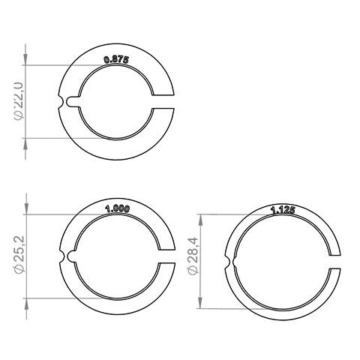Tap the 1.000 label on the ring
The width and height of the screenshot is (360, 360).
coord(118,209)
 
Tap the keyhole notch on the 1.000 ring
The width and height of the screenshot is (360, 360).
coord(69,257)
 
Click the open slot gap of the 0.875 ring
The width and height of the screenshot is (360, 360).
coord(164,103)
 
